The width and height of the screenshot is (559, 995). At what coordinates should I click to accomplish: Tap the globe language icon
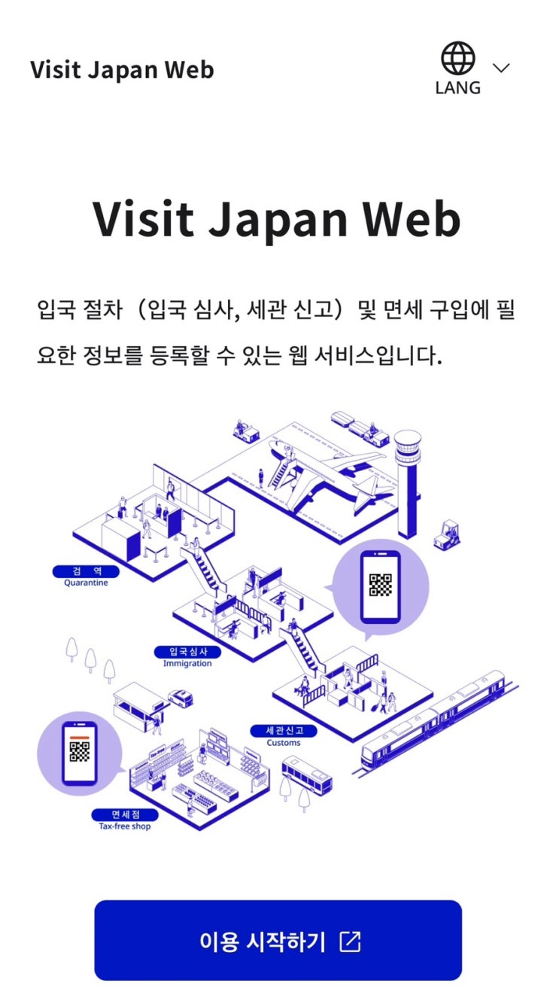(x=457, y=58)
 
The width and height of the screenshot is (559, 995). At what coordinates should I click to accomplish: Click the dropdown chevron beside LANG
(x=501, y=68)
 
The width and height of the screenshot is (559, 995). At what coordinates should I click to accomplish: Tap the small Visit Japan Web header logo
(x=122, y=70)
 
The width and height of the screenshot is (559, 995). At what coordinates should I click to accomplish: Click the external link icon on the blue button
(x=351, y=941)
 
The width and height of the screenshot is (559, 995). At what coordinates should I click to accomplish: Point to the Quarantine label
(x=86, y=583)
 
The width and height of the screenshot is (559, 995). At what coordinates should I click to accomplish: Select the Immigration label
(x=187, y=663)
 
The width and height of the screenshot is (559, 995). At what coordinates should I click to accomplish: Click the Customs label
(x=284, y=742)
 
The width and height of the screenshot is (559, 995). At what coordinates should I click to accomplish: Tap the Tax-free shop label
(x=125, y=826)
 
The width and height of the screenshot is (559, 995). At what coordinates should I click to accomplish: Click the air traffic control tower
(x=407, y=483)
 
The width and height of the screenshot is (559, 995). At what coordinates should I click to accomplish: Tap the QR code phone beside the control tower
(x=381, y=586)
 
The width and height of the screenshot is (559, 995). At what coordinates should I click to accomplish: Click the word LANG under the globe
(x=457, y=88)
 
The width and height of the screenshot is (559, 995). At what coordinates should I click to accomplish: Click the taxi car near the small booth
(x=181, y=698)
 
